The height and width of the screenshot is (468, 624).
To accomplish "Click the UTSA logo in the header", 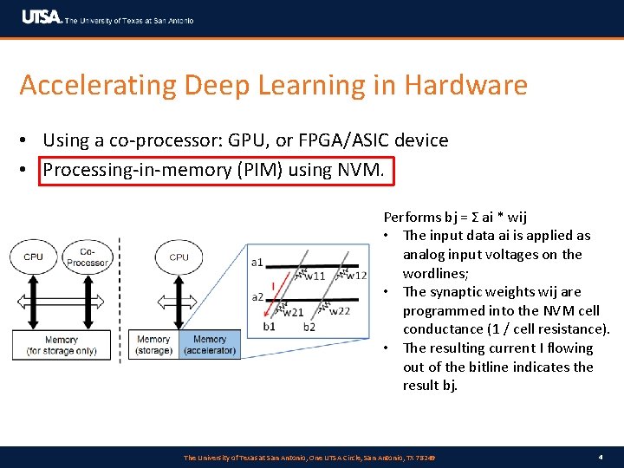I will pyautogui.click(x=42, y=17).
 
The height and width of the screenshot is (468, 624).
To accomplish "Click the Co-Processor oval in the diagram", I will pyautogui.click(x=87, y=257).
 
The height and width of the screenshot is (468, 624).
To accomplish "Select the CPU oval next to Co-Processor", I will pyautogui.click(x=33, y=257).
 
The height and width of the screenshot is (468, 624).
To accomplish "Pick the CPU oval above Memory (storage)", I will pyautogui.click(x=179, y=257).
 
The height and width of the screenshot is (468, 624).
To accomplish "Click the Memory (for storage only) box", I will pyautogui.click(x=61, y=345).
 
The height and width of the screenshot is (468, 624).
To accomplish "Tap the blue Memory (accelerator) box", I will pyautogui.click(x=210, y=345).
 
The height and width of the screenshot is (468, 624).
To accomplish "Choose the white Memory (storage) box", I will pyautogui.click(x=153, y=345).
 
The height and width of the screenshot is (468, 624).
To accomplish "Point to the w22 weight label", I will pyautogui.click(x=340, y=311).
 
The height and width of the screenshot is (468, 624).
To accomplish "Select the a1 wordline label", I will pyautogui.click(x=257, y=262).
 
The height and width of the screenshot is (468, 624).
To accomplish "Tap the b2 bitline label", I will pyautogui.click(x=309, y=327).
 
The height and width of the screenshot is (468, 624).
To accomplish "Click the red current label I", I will pyautogui.click(x=274, y=285).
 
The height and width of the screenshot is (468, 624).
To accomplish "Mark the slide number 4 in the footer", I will pyautogui.click(x=600, y=457).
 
